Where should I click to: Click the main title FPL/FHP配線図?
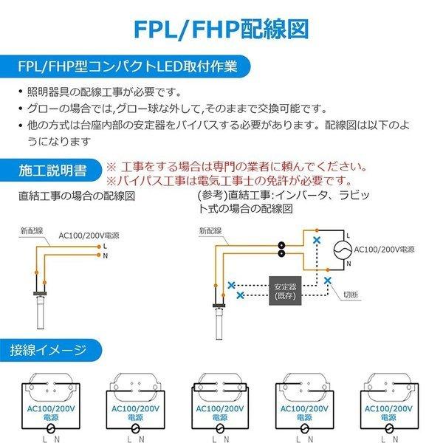click(221, 27)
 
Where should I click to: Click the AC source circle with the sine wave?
click(342, 250)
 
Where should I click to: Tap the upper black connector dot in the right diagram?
click(281, 244)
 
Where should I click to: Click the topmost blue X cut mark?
click(317, 240)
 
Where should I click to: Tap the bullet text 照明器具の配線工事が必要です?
click(103, 92)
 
